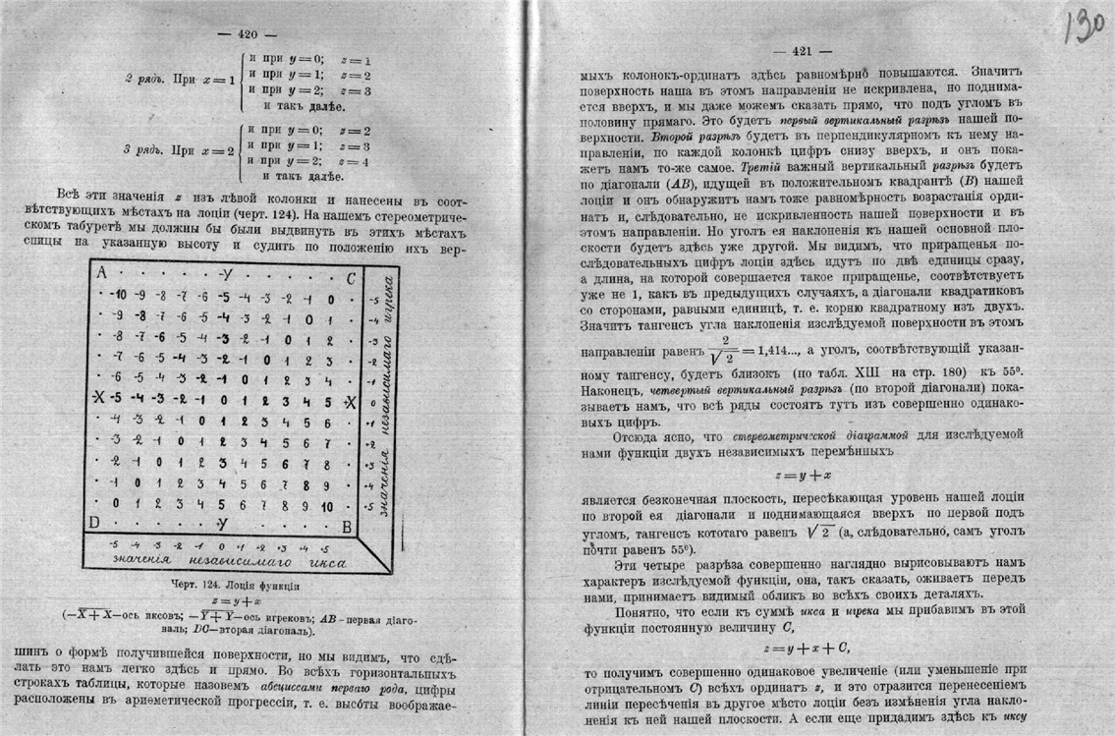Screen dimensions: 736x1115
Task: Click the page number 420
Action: point(247,33)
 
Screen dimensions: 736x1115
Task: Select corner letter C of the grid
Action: point(350,277)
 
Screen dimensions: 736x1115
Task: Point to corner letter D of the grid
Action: point(94,522)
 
